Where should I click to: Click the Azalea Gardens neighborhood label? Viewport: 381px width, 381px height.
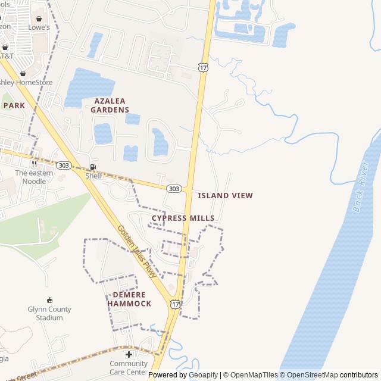[x=110, y=105]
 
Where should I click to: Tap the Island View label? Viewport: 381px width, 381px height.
[x=225, y=195]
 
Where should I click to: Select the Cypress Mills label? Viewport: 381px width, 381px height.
[x=183, y=218]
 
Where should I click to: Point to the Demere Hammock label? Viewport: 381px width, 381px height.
[x=129, y=299]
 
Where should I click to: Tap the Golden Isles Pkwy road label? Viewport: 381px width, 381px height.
[x=136, y=252]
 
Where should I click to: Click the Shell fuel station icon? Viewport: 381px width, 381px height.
[x=93, y=167]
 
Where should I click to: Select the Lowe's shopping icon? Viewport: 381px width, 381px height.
[x=40, y=18]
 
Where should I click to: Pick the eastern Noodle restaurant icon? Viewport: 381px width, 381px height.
[x=34, y=164]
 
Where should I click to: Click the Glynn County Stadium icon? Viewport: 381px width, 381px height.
[x=49, y=300]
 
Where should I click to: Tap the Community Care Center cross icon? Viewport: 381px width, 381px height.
[x=129, y=354]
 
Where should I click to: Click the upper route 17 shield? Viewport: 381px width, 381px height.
[x=204, y=68]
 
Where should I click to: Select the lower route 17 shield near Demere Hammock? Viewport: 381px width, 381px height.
[x=174, y=304]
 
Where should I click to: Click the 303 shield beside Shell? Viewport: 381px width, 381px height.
[x=64, y=164]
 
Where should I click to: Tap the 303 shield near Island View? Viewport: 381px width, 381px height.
[x=173, y=189]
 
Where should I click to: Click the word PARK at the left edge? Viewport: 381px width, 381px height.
[x=14, y=105]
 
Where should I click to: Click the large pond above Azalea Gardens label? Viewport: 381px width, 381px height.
[x=89, y=87]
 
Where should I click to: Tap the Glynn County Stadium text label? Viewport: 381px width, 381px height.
[x=49, y=313]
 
